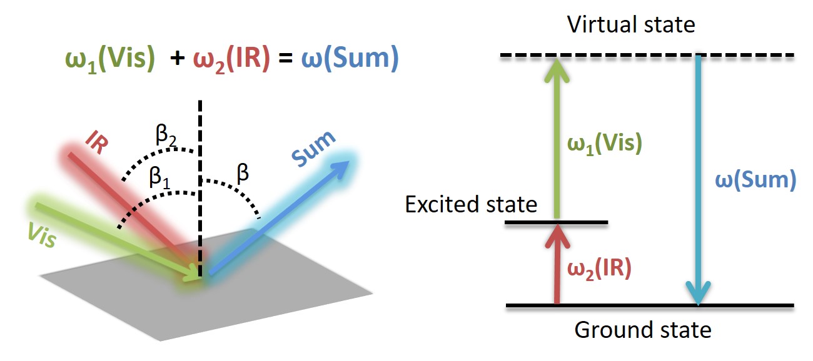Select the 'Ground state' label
coord(642,329)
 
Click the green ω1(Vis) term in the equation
coord(109,59)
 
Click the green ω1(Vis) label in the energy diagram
coord(605,144)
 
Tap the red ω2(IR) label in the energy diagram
coord(598,269)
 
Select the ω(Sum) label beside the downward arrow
coord(755,179)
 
